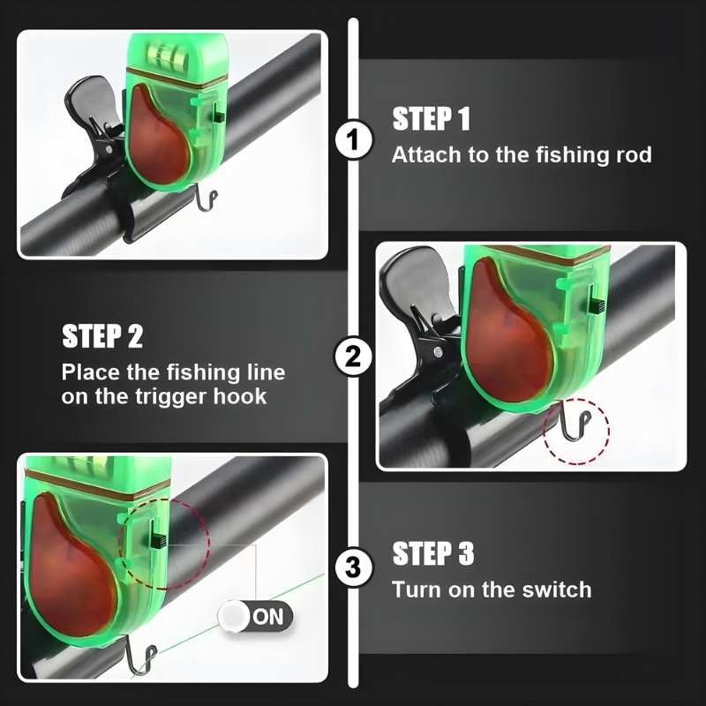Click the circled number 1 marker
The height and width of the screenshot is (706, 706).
coord(354,139)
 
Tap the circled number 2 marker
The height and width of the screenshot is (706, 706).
coord(354,357)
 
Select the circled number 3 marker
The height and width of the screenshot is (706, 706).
coord(354,567)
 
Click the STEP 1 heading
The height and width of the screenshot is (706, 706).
coord(431,119)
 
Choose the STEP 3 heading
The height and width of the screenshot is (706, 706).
coord(433,553)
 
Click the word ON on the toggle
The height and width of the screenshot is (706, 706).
coord(268,616)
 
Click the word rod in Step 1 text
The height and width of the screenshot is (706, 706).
coord(634,155)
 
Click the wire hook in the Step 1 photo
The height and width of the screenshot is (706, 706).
coord(207,199)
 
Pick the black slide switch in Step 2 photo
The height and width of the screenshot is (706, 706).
coord(597,306)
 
